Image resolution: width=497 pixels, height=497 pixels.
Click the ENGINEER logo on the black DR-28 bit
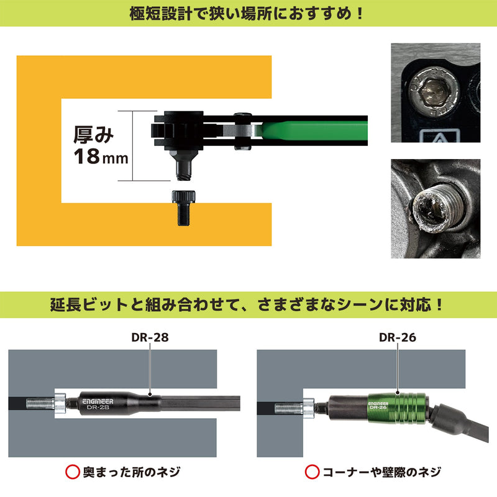[98, 402]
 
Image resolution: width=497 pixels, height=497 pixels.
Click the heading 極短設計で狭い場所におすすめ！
[248, 13]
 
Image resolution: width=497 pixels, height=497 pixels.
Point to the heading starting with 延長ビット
[248, 306]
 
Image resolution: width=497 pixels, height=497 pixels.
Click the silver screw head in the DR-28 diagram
[60, 404]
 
